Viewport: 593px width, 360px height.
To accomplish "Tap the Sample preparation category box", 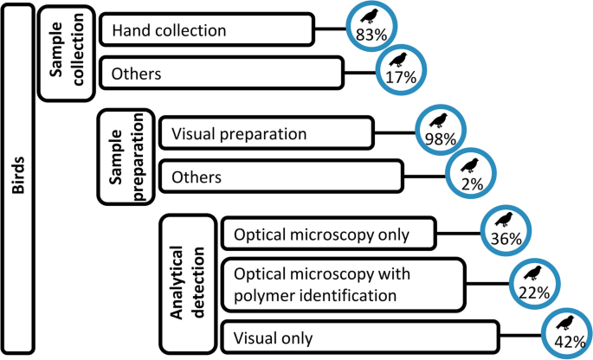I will point(126,157).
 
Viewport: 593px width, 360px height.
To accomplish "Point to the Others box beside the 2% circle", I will point(280,177).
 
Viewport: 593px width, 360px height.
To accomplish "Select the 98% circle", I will point(440,130).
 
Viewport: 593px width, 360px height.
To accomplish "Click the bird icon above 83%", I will point(371,16).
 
